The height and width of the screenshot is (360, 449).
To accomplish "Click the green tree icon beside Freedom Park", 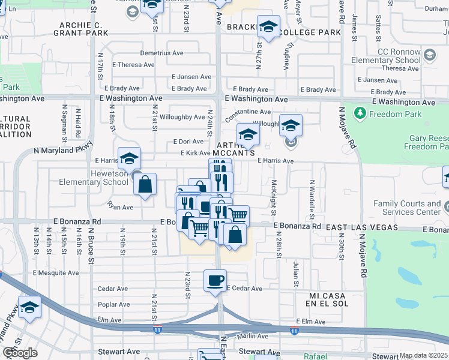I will coord(360,113).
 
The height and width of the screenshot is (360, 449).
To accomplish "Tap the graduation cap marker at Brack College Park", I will coord(268,27).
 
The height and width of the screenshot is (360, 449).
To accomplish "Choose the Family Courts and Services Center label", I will coord(408,208).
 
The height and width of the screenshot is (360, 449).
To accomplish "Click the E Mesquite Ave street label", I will coord(56,272).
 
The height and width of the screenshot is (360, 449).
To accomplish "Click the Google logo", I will coord(20,353).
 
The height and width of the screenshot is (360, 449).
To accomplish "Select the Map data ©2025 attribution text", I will coord(424,355).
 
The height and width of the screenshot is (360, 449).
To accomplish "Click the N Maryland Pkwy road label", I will coord(64,150).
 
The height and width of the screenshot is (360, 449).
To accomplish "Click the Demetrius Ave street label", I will coord(161,53).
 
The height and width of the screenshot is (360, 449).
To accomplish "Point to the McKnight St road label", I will coord(274,198).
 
